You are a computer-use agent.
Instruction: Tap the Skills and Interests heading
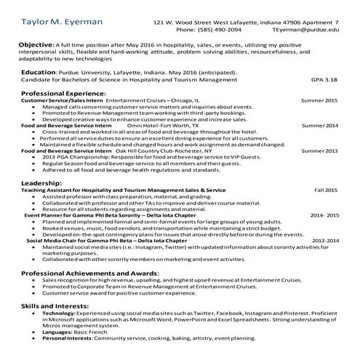[x=56, y=305]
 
